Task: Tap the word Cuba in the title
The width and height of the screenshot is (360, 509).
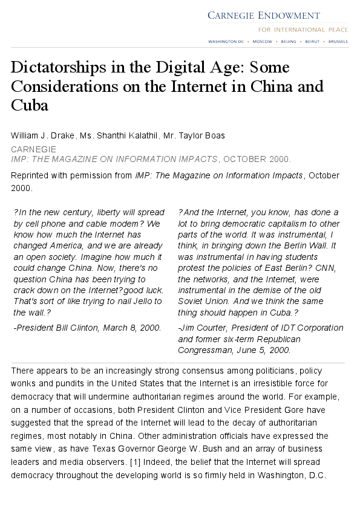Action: point(29,105)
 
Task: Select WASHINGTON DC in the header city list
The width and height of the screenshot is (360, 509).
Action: point(225,42)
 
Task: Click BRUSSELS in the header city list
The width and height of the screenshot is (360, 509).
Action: point(338,42)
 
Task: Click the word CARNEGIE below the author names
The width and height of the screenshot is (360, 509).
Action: point(34,149)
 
